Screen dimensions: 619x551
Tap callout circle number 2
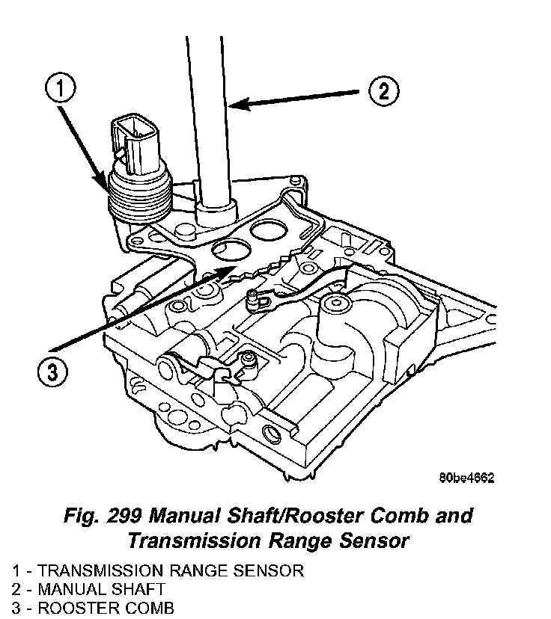tap(383, 91)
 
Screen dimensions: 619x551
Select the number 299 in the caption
tap(122, 516)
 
